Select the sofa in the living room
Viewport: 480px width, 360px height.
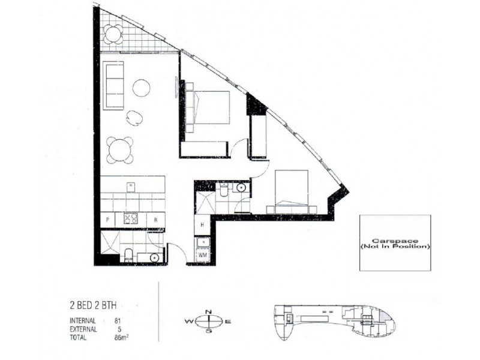point(113,85)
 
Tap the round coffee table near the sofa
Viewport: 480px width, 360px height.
point(142,88)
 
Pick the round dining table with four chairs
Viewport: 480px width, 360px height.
point(119,149)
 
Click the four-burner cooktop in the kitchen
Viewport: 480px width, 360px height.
point(131,220)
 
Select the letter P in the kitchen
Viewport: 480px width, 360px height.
point(107,220)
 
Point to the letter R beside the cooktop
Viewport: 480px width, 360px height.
point(156,220)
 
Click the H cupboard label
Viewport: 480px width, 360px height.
point(202,225)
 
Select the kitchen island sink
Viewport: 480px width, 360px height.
point(131,187)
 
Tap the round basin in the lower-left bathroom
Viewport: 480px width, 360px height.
point(154,257)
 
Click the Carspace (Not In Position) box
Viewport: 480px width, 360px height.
point(394,243)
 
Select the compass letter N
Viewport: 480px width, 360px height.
point(208,311)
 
